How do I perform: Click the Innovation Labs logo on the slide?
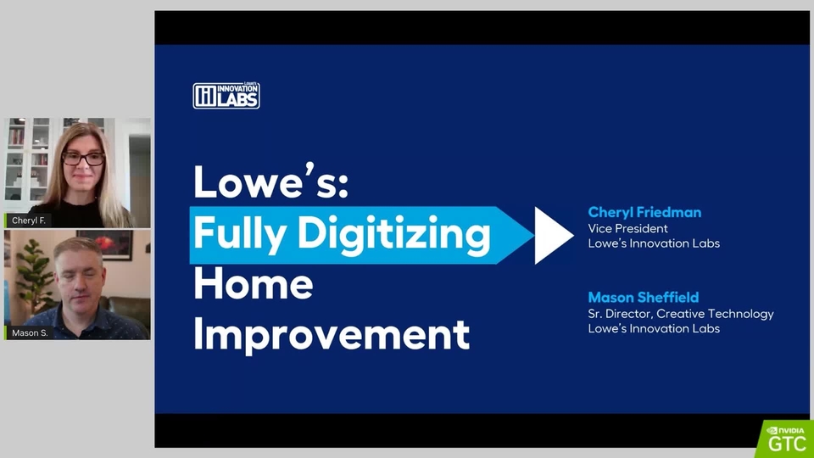click(x=226, y=96)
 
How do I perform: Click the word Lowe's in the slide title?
click(x=271, y=182)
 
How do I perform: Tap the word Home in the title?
click(x=254, y=284)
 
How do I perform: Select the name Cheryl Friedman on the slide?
click(x=644, y=212)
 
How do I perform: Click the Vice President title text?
click(x=627, y=228)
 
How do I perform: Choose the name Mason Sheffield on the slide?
click(x=644, y=297)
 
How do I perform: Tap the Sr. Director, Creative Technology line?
click(x=681, y=314)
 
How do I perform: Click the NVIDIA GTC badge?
click(x=785, y=438)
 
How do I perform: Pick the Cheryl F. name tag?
click(x=28, y=221)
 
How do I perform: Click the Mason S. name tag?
click(x=29, y=332)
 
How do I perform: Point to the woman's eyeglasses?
click(x=83, y=159)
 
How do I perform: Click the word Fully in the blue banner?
click(x=239, y=234)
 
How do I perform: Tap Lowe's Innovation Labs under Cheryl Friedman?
click(x=654, y=243)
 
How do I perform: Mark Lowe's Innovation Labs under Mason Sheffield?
click(x=654, y=328)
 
